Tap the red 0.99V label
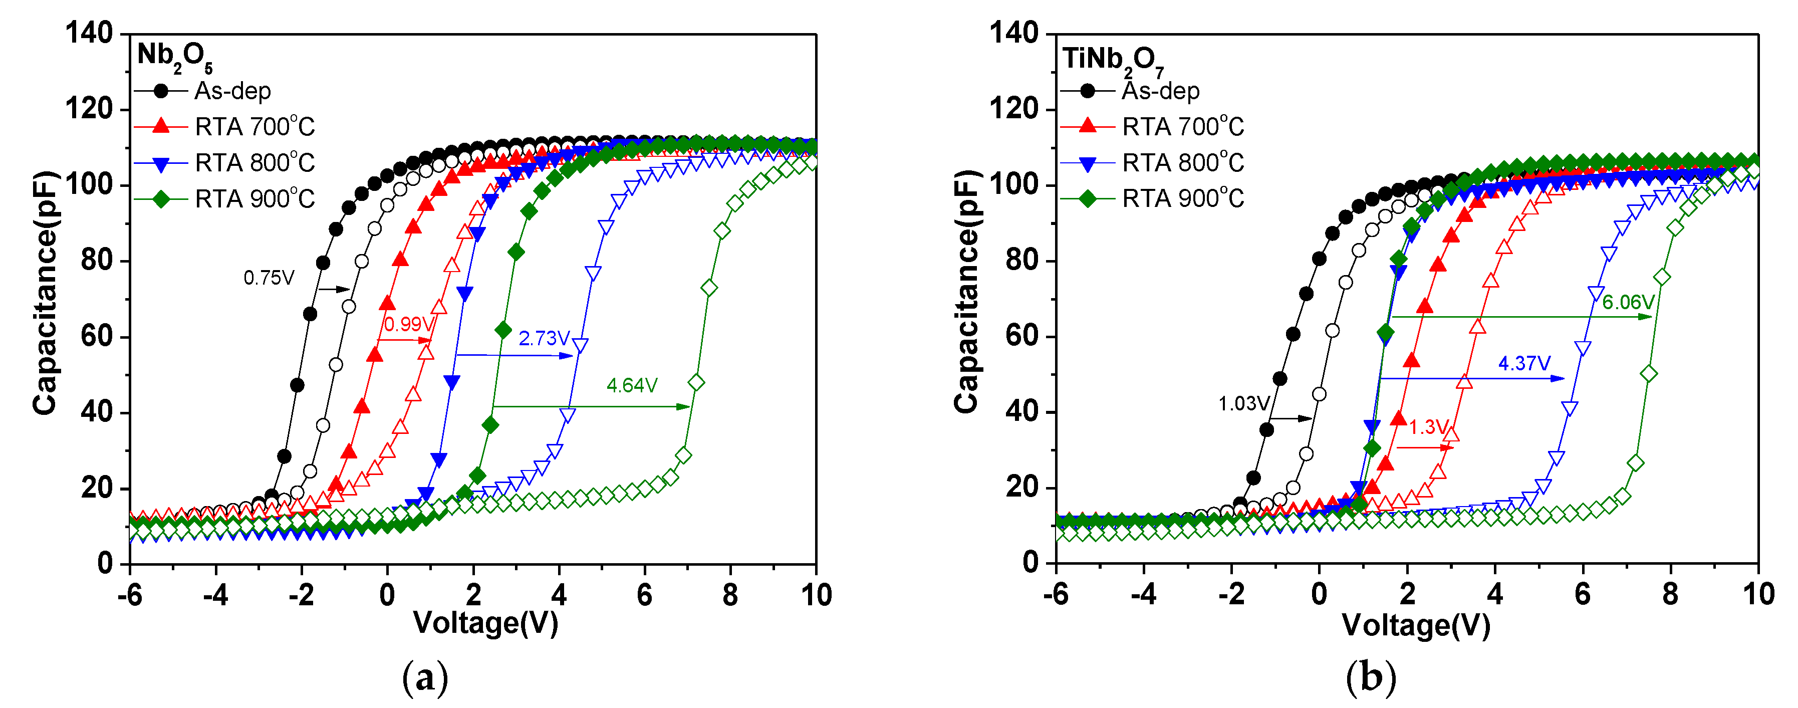click(408, 324)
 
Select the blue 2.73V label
click(544, 339)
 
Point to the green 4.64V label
click(632, 385)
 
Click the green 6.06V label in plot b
click(1628, 302)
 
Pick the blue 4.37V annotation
click(1524, 363)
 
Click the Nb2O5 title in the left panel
click(174, 56)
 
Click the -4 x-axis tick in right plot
click(1143, 594)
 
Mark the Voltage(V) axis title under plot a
click(486, 623)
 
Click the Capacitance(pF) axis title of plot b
click(967, 292)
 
